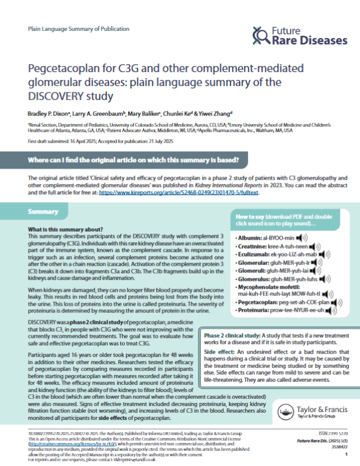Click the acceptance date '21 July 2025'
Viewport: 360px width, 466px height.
[x=146, y=142]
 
